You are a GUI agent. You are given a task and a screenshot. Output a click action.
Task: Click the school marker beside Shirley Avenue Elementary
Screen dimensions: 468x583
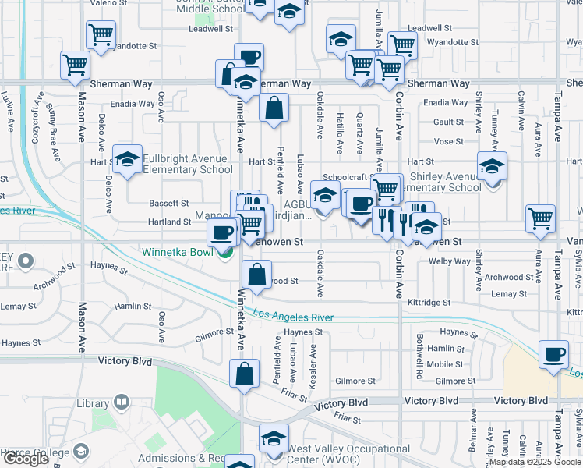coord(492,167)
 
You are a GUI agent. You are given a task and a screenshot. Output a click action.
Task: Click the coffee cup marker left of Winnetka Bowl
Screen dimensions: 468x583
coord(222,232)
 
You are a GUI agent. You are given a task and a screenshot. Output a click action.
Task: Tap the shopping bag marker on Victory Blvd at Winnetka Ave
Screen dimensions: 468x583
coord(245,373)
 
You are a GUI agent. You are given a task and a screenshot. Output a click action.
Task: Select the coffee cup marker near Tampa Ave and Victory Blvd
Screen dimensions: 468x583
coord(554,354)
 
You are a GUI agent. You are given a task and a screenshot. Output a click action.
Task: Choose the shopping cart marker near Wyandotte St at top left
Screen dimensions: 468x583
coord(101,35)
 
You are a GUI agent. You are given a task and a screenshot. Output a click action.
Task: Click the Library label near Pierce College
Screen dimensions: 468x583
coord(94,403)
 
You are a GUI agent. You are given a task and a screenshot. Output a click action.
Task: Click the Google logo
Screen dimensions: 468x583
coord(26,459)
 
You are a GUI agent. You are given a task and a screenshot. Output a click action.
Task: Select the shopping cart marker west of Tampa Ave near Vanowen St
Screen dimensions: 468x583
coord(541,219)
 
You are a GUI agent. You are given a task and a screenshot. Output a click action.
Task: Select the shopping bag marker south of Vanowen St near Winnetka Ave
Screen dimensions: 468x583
coord(256,275)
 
